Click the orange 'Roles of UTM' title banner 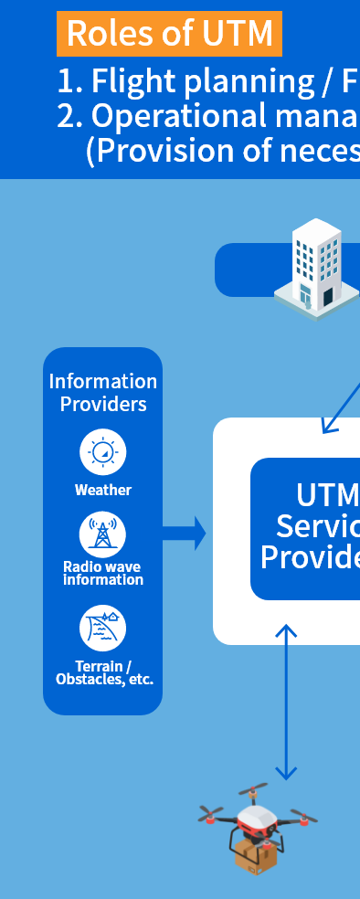coord(169,34)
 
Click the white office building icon coord(317,266)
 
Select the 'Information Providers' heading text coord(103,392)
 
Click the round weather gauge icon coord(103,453)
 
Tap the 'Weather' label coord(103,490)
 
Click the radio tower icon coord(103,534)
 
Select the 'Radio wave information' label coord(103,573)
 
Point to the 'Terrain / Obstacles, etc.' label coord(104,672)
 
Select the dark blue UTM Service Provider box coord(306,528)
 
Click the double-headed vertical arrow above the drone coord(287,702)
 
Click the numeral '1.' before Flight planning coord(69,82)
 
